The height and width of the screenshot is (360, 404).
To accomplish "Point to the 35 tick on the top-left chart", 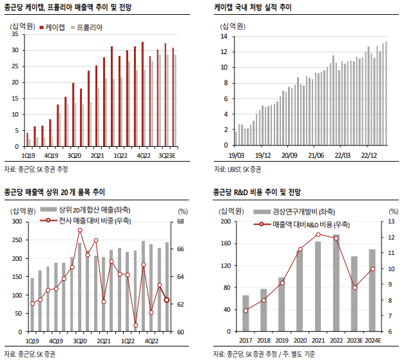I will coord(14,34).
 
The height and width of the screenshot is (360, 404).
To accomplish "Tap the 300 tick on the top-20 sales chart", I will coord(16,222).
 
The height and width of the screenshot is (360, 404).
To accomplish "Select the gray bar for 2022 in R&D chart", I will coord(336,283).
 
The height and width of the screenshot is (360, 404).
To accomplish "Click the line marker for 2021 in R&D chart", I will coord(318,234).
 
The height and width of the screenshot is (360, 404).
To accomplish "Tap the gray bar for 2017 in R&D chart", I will coord(245,314).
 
